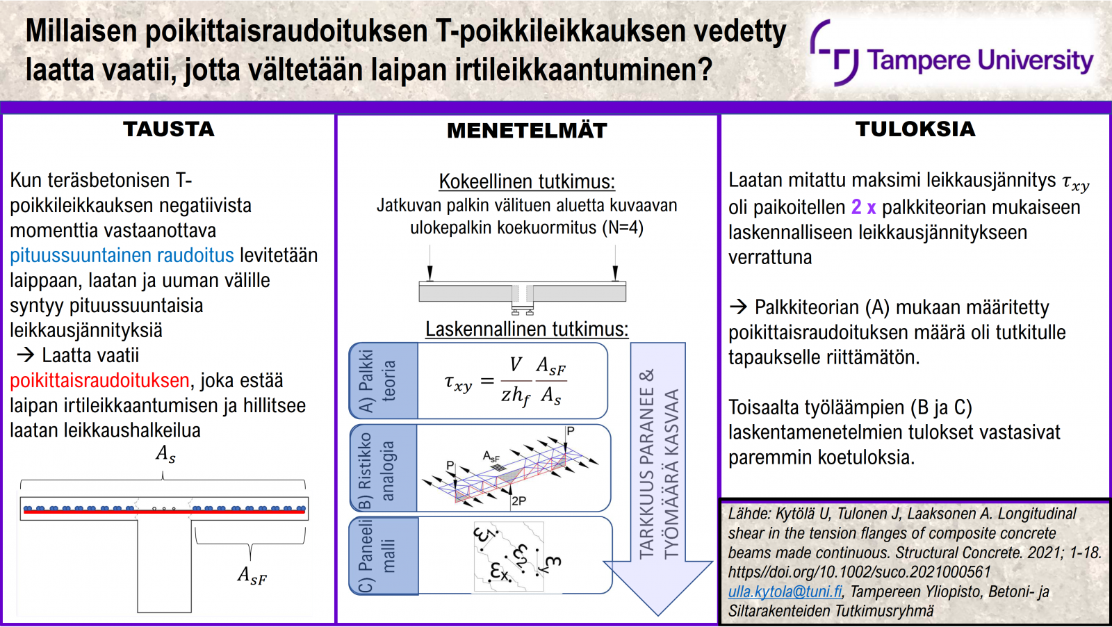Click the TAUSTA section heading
tap(169, 129)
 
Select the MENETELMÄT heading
tap(527, 131)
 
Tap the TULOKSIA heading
tap(915, 129)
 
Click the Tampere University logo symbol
tap(834, 52)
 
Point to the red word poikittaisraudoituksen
tap(100, 381)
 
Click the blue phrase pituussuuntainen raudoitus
tap(122, 255)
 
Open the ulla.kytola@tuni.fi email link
tap(785, 592)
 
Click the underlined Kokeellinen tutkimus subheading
tap(527, 181)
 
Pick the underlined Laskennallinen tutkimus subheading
tap(527, 329)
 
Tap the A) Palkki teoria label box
tap(383, 381)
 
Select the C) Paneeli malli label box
tap(384, 555)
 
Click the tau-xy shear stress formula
tap(505, 381)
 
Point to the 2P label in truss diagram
tap(518, 501)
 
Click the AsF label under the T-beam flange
tap(252, 576)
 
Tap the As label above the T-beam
tap(165, 454)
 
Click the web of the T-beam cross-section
tap(164, 566)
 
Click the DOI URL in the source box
tap(859, 572)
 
